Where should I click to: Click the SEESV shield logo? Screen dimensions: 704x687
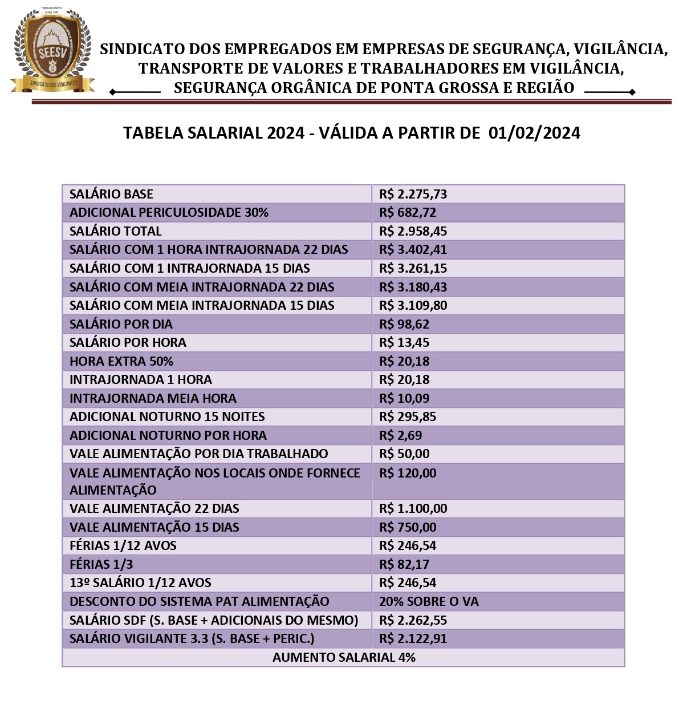tap(52, 50)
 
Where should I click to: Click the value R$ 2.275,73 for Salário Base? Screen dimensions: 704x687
tap(413, 194)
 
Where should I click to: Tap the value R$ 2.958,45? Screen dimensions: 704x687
tap(413, 231)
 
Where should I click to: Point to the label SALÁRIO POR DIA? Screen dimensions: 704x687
tap(121, 324)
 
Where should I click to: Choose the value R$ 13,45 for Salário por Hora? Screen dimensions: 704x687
tap(404, 342)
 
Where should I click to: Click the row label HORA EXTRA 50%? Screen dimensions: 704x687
tap(121, 361)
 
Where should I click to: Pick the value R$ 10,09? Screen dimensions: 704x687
tap(404, 398)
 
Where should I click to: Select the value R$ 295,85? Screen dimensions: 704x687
tap(408, 416)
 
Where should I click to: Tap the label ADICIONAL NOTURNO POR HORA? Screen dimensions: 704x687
tap(168, 435)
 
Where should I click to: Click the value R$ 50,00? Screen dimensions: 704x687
tap(404, 454)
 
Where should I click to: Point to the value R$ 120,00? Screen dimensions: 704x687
tap(408, 473)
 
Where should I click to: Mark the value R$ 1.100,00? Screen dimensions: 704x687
tap(413, 508)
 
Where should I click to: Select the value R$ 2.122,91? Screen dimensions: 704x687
tap(413, 638)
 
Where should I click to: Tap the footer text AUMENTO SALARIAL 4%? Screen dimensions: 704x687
tap(344, 657)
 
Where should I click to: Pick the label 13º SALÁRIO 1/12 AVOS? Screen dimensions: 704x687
tap(140, 582)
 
